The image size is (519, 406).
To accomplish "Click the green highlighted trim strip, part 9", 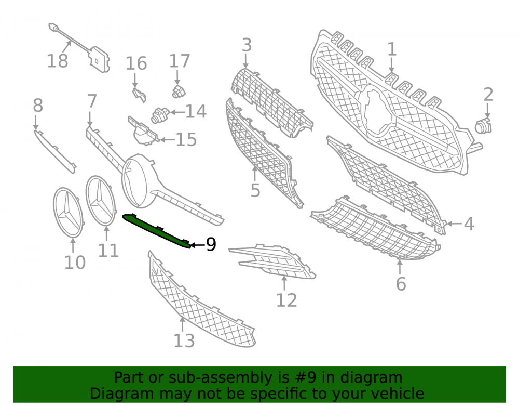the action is pos(156,231).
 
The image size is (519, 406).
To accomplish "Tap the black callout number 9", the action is pos(211,245).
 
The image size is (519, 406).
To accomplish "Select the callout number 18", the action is pos(58,61).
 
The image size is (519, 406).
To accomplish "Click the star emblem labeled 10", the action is pos(68,213).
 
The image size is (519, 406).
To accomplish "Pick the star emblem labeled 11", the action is pos(101,201).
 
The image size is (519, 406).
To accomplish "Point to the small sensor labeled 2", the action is pos(484,126).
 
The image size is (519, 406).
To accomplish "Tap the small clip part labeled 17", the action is pos(179,91).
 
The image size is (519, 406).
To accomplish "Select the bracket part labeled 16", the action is pos(139,95).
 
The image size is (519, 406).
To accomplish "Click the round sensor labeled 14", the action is pos(160,115).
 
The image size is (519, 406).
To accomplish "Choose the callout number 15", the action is pos(186,139).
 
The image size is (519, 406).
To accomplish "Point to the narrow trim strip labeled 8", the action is pos(54,151).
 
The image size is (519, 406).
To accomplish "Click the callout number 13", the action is pos(184,340).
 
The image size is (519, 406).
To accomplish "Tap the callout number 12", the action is pos(286,300).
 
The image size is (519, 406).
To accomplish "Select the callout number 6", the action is pos(401,284).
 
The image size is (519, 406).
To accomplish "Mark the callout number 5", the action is pos(255,190).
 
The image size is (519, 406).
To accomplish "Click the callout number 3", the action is pos(247,45).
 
